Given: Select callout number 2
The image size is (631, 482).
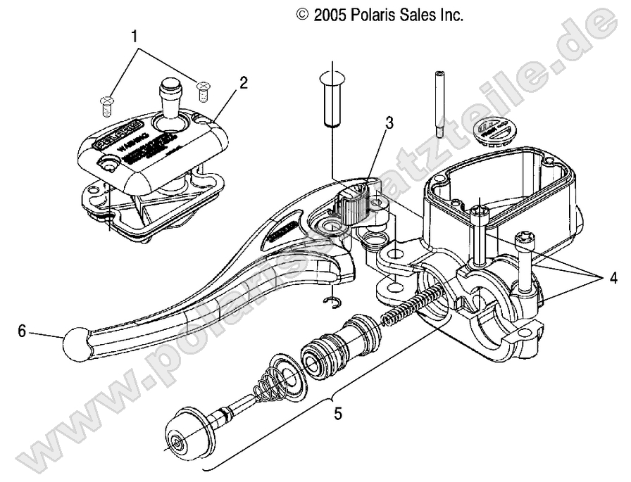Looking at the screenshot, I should [x=243, y=82].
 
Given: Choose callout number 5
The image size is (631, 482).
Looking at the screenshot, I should [x=338, y=414].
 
